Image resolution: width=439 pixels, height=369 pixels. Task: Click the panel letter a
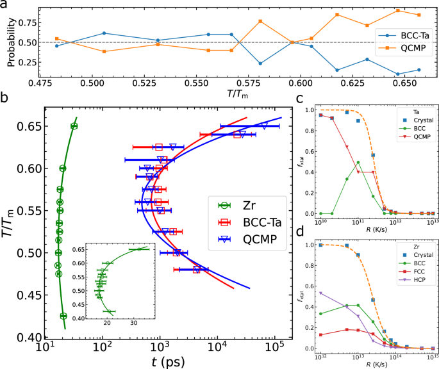pyautogui.click(x=4, y=5)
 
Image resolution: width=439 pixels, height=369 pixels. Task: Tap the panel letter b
pyautogui.click(x=4, y=98)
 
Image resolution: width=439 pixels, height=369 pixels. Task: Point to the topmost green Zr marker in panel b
pyautogui.click(x=74, y=126)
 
